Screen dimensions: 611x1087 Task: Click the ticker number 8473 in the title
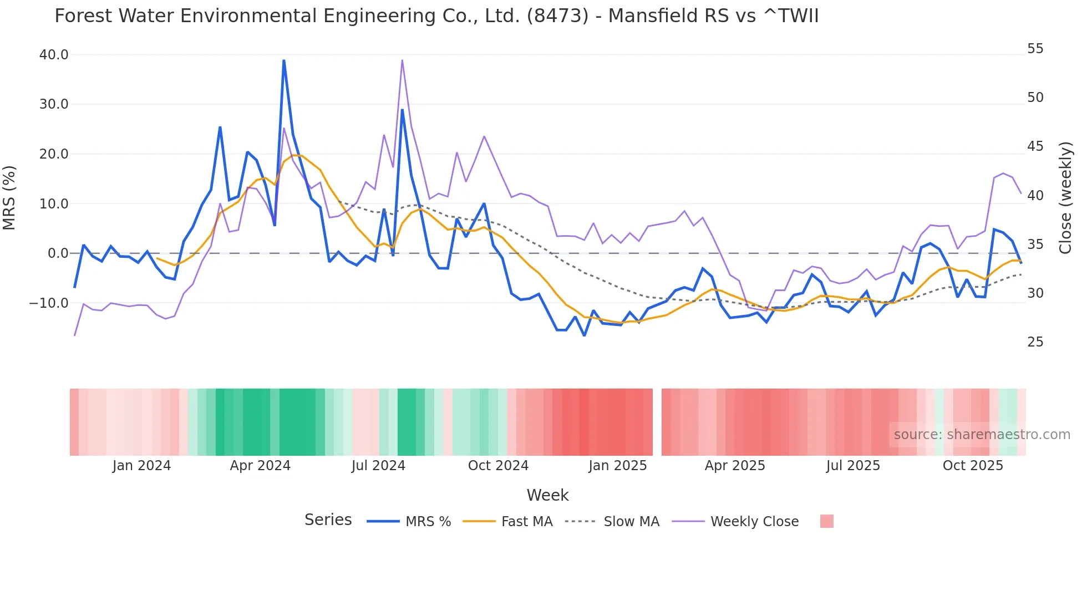pos(557,16)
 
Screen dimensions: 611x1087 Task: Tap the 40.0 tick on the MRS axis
pos(54,55)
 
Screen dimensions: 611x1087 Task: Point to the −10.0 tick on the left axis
pos(49,303)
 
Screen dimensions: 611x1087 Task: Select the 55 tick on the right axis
pos(1035,49)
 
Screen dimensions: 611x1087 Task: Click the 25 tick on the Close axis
pos(1035,342)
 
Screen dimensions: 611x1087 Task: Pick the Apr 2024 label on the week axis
pos(260,466)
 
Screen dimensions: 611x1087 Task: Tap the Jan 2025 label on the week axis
pos(617,466)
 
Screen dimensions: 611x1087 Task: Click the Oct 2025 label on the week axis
pos(973,466)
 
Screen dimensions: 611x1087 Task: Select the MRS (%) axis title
pos(9,198)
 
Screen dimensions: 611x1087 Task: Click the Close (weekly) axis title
pos(1065,198)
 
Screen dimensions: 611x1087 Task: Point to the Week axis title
pos(547,495)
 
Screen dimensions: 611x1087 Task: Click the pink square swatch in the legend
pos(826,521)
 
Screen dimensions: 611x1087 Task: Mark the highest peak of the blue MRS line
pos(283,60)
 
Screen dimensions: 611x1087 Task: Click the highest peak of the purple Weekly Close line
pos(402,60)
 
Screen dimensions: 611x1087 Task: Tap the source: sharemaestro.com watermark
pos(982,435)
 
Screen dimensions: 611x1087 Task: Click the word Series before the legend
pos(328,520)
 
